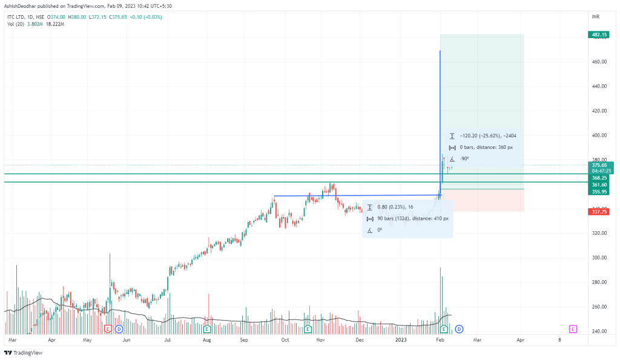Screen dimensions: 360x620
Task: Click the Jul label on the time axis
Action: pos(167,341)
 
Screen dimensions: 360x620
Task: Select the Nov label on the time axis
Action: pos(321,341)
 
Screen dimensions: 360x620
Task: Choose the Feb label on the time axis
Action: pos(440,341)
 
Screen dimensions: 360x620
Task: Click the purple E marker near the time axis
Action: pos(572,329)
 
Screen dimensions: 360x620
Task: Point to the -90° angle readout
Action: pos(464,159)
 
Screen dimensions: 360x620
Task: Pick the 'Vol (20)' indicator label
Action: pos(15,24)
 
